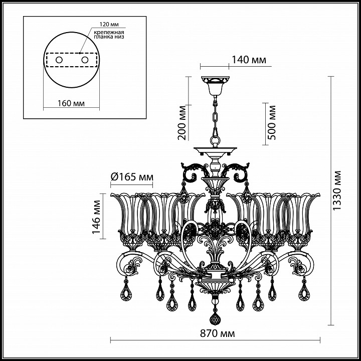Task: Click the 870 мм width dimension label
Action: [x=217, y=333]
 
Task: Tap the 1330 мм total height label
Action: [x=337, y=190]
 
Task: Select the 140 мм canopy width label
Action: [x=249, y=60]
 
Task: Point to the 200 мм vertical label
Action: [x=182, y=122]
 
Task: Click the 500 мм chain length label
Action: [x=272, y=122]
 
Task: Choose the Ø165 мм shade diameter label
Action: [x=132, y=177]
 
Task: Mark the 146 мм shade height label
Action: [x=96, y=217]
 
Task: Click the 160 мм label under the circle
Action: [x=71, y=103]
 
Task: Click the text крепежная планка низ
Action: [x=109, y=34]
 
